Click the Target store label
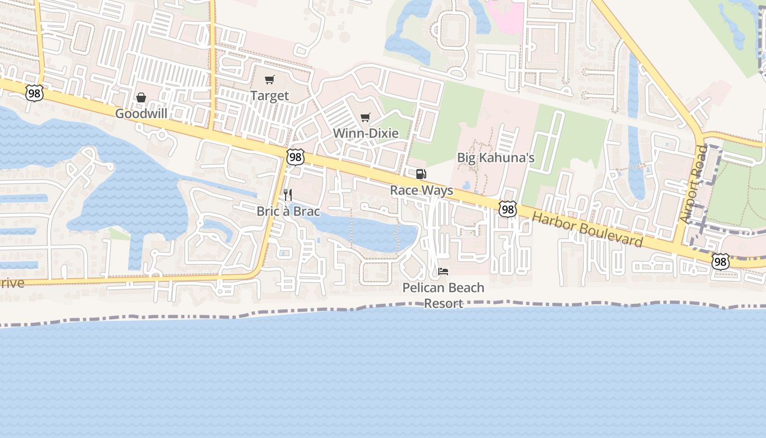pos(269,96)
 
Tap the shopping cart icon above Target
pos(269,80)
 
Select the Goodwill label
pos(141,114)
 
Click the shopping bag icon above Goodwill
pos(141,97)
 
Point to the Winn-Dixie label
pos(365,133)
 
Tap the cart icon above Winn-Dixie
pos(365,117)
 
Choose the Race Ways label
pos(421,191)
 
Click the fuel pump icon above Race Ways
pos(421,174)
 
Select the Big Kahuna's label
pos(496,158)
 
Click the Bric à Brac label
pos(288,211)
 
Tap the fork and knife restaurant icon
pos(288,195)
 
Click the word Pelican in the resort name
pos(422,288)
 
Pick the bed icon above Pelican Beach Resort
pos(443,272)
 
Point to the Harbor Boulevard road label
pos(587,229)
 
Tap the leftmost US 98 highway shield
pos(34,93)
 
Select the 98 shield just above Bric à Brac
pos(295,157)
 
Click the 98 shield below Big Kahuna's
pos(507,209)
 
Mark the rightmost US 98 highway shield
pos(721,262)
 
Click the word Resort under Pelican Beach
pos(443,304)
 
